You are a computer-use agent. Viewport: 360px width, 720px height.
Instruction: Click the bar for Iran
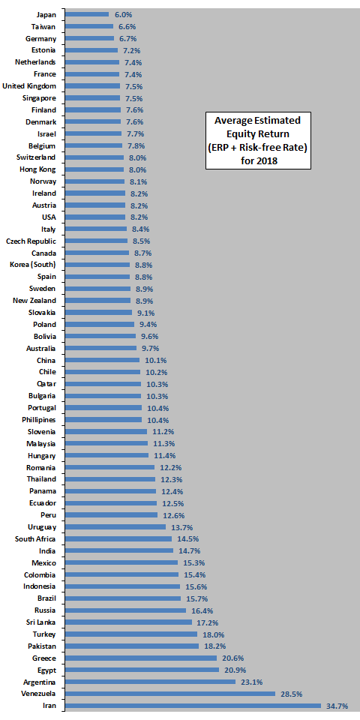193,705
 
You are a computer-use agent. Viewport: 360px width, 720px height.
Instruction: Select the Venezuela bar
170,693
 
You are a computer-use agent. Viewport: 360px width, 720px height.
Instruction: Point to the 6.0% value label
123,14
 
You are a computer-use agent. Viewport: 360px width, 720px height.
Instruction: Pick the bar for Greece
141,658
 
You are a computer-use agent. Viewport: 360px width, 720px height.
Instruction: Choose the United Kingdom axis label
29,85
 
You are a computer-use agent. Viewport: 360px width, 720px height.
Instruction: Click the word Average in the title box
232,121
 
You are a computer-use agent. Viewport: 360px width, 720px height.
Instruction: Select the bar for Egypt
142,670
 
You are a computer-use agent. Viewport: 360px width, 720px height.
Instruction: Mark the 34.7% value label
337,706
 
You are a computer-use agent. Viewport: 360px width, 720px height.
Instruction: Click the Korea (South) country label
33,265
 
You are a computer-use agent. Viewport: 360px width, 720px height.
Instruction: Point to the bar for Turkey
131,634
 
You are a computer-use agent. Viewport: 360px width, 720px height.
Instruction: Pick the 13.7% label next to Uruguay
181,526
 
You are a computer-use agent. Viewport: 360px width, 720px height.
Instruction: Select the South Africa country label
35,538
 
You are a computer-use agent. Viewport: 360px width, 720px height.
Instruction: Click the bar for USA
95,217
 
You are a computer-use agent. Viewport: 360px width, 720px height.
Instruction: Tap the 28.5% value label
292,694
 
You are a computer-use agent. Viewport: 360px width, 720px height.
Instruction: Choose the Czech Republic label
31,241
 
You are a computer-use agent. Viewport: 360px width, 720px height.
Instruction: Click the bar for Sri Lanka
128,622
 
